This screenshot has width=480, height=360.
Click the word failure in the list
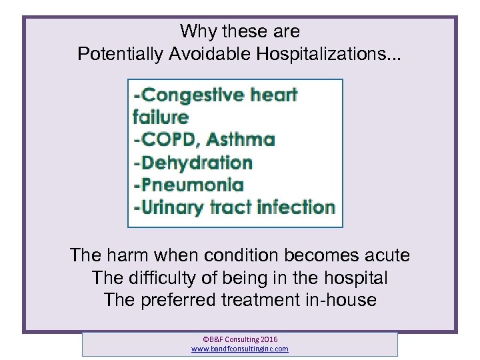[x=161, y=117]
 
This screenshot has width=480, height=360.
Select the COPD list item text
[x=167, y=140]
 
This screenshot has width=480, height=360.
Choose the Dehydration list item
[x=193, y=163]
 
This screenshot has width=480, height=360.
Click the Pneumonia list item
[x=189, y=185]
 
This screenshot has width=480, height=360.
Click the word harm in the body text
[x=129, y=255]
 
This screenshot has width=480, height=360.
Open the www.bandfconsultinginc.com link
[x=240, y=349]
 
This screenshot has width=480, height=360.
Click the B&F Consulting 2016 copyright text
[x=240, y=339]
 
